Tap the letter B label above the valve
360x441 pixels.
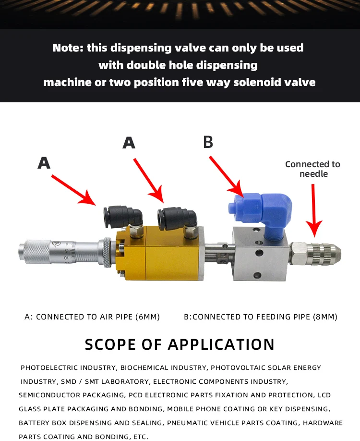click(208, 142)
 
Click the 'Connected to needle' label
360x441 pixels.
click(312, 169)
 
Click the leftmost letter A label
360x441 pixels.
click(44, 163)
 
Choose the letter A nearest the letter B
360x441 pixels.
click(129, 143)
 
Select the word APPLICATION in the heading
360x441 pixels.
click(221, 344)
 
